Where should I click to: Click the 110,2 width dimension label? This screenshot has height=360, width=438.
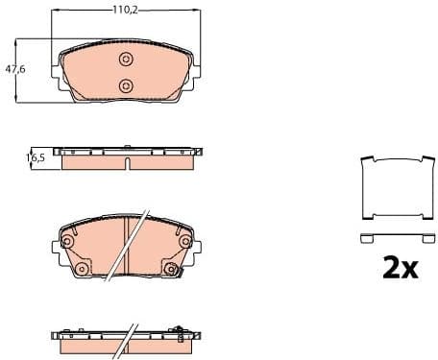(x=122, y=11)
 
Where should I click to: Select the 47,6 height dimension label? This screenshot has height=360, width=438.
(x=14, y=69)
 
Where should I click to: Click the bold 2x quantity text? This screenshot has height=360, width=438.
(x=400, y=268)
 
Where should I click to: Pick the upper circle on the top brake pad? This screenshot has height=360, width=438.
(x=126, y=60)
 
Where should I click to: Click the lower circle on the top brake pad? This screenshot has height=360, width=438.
(x=126, y=86)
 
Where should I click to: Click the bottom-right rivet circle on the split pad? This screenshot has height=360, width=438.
(x=172, y=269)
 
